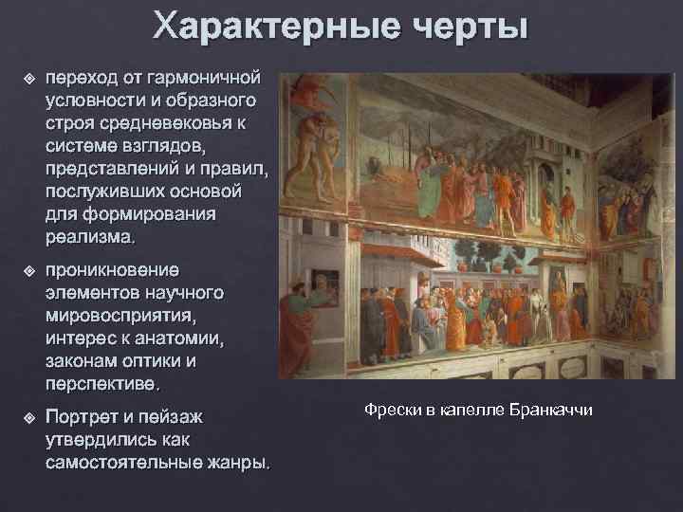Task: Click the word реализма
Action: [89, 235]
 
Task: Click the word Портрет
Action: [83, 417]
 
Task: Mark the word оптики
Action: [158, 361]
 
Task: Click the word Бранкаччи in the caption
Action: [550, 410]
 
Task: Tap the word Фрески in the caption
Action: [390, 410]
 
